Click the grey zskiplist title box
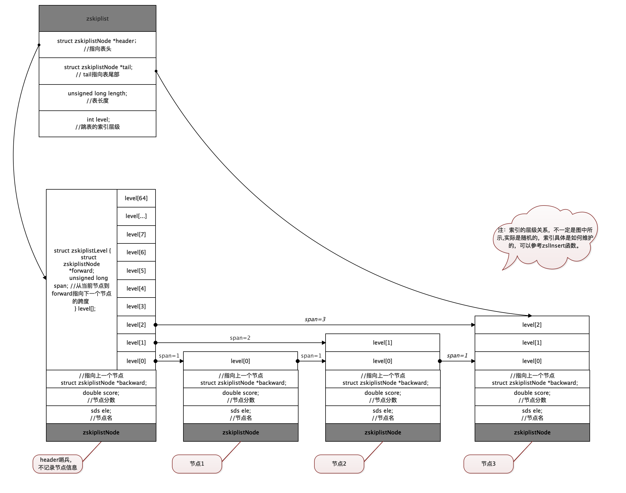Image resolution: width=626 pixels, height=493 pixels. coord(97,18)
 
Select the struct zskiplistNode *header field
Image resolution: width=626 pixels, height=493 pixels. coord(97,45)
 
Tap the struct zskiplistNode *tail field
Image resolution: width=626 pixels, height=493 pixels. coord(97,71)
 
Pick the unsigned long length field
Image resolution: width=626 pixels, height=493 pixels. coord(97,97)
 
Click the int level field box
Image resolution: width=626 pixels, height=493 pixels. coord(97,124)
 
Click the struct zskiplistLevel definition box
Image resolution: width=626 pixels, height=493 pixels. coord(82,279)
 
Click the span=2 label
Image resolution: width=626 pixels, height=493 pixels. coord(240,338)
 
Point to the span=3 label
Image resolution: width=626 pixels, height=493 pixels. coord(315,319)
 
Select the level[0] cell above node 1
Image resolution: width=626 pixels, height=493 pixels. coord(240,361)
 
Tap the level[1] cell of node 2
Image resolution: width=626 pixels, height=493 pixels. coord(382,343)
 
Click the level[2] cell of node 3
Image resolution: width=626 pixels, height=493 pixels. coord(532,325)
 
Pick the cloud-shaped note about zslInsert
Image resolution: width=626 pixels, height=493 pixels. coord(544,238)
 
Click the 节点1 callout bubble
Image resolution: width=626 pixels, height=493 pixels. coord(197,464)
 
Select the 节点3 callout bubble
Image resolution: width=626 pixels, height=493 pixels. coord(488,464)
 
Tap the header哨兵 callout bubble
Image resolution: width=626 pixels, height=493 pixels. coord(58,464)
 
